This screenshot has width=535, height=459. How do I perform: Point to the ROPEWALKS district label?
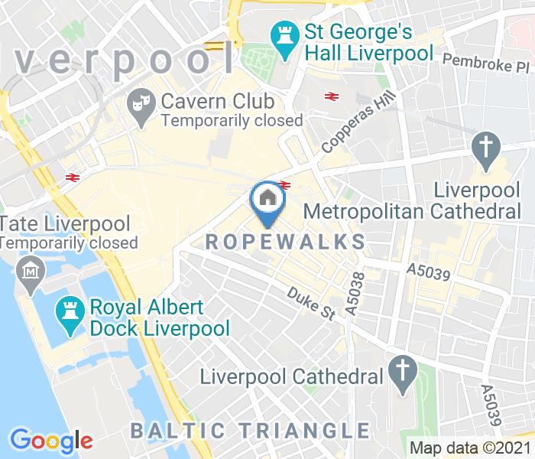click(286, 242)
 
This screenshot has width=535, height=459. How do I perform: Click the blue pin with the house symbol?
click(267, 200)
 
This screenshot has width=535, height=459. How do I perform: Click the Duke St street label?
click(310, 303)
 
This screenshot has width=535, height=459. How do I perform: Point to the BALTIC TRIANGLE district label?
click(249, 430)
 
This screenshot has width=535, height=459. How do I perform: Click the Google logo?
click(51, 441)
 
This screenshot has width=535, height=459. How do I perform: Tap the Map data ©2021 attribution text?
click(470, 448)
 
